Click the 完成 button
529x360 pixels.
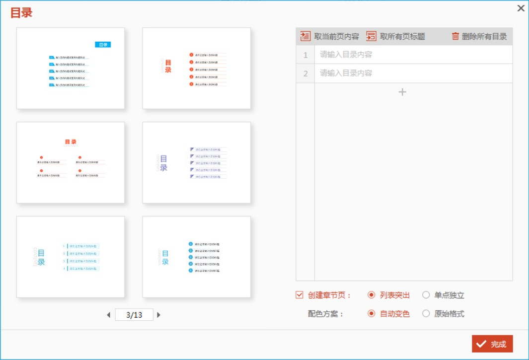492,344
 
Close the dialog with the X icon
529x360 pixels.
521,8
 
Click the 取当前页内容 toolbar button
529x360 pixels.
329,36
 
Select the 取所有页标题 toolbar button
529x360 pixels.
395,36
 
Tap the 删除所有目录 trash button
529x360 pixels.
479,36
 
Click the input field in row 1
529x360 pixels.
413,55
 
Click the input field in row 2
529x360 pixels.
413,73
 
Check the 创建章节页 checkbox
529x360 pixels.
299,295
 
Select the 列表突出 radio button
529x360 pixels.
372,295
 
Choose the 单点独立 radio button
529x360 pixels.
426,295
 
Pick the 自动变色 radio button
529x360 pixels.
372,314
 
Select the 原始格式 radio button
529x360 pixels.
426,314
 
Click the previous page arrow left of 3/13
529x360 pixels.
109,315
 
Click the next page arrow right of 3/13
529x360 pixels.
159,315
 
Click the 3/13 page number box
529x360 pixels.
134,315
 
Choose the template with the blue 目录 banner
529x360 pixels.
71,68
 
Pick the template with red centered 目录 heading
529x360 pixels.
71,162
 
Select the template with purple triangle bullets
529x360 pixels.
197,162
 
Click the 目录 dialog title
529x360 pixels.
21,13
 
